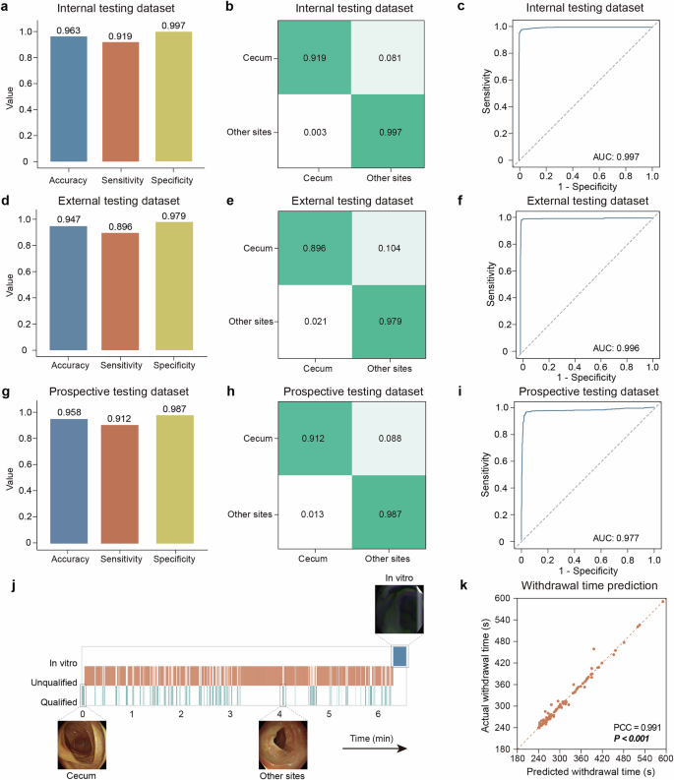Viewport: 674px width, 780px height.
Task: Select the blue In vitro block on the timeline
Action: [399, 656]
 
